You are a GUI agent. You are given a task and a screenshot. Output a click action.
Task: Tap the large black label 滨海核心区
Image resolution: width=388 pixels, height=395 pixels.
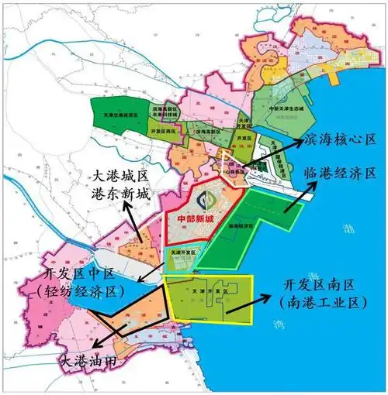[339, 139]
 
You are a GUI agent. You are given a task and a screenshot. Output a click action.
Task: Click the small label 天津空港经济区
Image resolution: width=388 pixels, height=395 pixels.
[116, 115]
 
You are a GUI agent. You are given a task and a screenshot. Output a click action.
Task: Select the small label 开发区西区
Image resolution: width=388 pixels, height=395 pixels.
[160, 132]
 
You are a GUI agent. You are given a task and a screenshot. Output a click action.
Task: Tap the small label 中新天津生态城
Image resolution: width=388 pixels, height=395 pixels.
[281, 109]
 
